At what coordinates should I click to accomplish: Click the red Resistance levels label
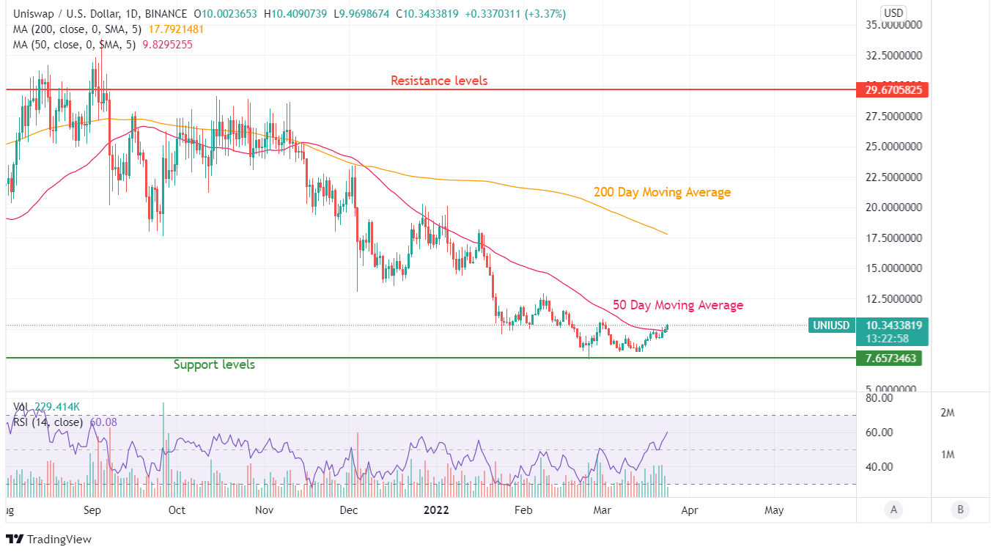coord(438,81)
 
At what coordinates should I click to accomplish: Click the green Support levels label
coord(214,364)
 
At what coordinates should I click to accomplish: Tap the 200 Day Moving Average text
coord(662,193)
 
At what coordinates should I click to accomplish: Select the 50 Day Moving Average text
coord(678,305)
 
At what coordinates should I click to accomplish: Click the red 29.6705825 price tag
coord(892,90)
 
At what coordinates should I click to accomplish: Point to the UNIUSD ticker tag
coord(831,326)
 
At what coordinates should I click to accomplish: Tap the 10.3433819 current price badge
coord(892,326)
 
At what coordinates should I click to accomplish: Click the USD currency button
coord(893,12)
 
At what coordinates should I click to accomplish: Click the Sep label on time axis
coord(92,510)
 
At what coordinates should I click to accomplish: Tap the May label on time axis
coord(774,510)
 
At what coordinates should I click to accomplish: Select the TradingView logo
coord(48,540)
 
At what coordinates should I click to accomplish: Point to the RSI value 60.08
coord(103,422)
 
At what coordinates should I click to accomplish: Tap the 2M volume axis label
coord(947,413)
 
